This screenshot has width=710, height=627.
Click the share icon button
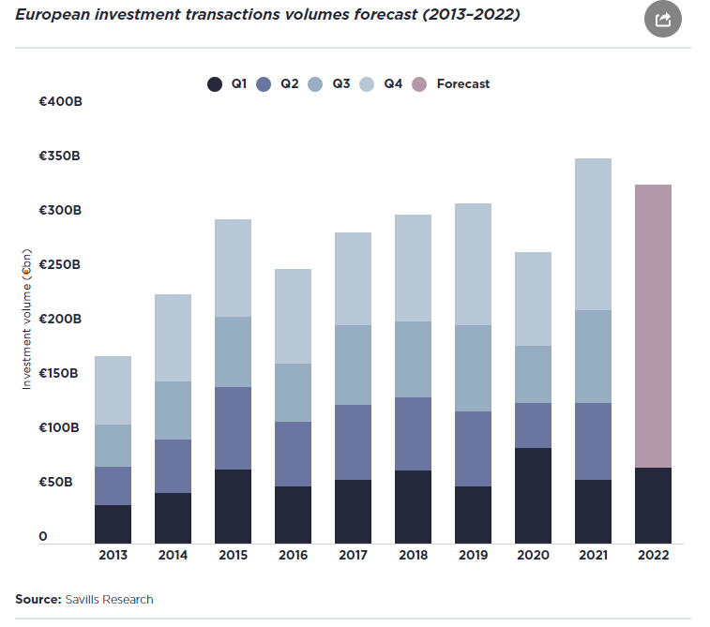coord(663,19)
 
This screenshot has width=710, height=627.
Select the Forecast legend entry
coord(450,84)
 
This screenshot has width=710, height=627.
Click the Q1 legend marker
coord(215,84)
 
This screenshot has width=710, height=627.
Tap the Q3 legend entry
coord(328,84)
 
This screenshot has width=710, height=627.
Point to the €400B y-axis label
coord(61,101)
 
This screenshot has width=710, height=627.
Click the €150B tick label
coord(58,373)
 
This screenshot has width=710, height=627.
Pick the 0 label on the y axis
coord(43,536)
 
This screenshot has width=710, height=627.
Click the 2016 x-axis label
coord(293,555)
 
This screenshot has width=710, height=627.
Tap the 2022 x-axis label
coord(653,555)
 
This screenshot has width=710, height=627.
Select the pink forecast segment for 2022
coord(653,326)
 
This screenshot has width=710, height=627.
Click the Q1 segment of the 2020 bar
coord(533,496)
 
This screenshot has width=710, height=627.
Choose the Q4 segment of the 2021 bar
coord(593,234)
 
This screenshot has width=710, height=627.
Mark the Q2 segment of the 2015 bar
coord(233,428)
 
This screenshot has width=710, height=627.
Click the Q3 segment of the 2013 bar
coord(113,445)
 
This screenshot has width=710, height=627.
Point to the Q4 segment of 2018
coord(413,268)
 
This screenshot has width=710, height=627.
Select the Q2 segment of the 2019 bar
coord(474,449)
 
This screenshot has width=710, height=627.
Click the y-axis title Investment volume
coord(26,320)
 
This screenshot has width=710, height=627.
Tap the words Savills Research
coord(109,600)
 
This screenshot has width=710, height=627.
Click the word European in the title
coord(53,15)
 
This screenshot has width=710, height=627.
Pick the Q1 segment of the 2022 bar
coord(653,506)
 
